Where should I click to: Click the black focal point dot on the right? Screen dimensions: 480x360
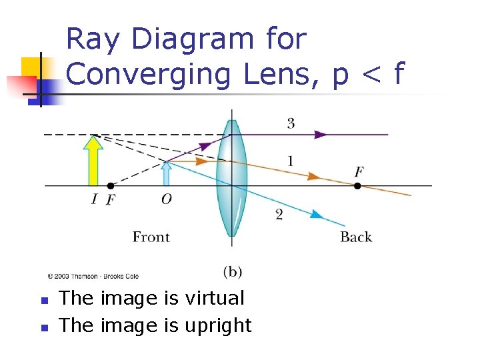click(357, 185)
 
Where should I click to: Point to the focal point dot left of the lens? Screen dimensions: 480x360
click(110, 185)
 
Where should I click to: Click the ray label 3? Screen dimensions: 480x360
click(291, 123)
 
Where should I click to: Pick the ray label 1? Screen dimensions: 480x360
click(289, 161)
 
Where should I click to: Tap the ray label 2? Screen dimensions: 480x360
click(279, 213)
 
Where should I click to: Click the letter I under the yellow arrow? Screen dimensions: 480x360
click(95, 199)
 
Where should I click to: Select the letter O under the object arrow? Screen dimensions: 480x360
click(167, 199)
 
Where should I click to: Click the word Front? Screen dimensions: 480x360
click(151, 237)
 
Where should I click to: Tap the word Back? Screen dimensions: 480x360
click(356, 237)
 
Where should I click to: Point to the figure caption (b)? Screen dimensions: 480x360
click(232, 271)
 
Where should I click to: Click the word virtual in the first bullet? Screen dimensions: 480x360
click(215, 298)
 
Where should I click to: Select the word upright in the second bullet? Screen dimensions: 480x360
click(219, 325)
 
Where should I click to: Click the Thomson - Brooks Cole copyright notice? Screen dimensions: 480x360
click(93, 275)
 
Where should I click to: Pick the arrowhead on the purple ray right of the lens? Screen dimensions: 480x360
click(321, 134)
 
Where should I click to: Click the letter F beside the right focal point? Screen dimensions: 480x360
click(359, 173)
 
